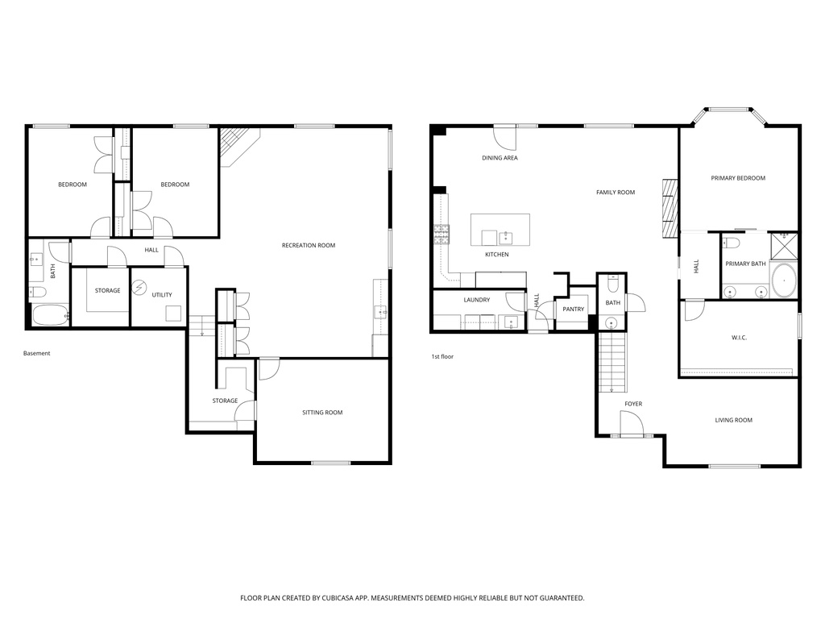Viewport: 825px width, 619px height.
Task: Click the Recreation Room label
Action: coord(308,245)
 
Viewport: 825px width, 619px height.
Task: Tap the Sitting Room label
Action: coord(322,413)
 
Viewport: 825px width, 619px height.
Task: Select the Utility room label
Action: coord(162,295)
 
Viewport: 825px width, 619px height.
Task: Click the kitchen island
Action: coord(500,231)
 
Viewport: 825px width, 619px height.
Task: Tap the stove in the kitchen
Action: coord(442,235)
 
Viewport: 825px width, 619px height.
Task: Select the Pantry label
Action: coord(574,309)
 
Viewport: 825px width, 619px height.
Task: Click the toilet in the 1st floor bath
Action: coord(612,285)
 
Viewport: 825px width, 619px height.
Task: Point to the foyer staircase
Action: coord(612,363)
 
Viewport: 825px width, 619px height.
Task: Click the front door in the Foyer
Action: coord(632,424)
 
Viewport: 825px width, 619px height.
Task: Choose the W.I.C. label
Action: coord(738,338)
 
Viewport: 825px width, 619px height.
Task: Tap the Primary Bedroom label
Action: coord(738,178)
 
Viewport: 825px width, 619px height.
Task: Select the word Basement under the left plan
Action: coord(36,353)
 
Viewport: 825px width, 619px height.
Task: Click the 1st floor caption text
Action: coord(442,355)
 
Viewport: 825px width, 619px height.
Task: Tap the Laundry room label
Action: coord(477,300)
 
